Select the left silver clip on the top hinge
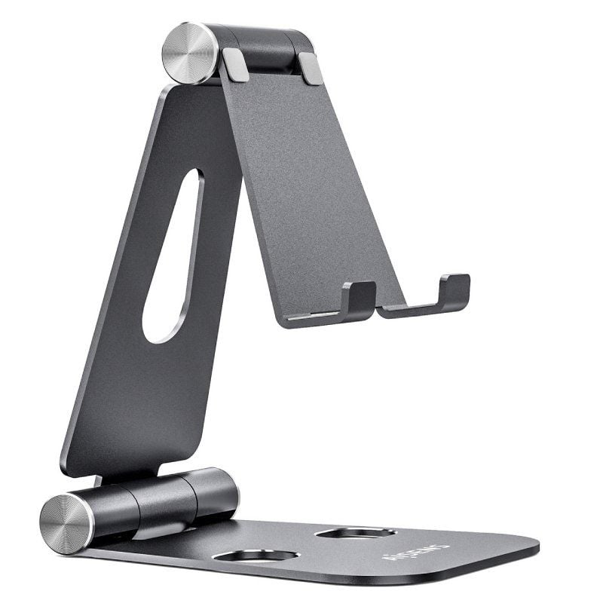point(235,65)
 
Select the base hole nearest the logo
point(354,533)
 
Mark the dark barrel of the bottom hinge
point(166,501)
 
